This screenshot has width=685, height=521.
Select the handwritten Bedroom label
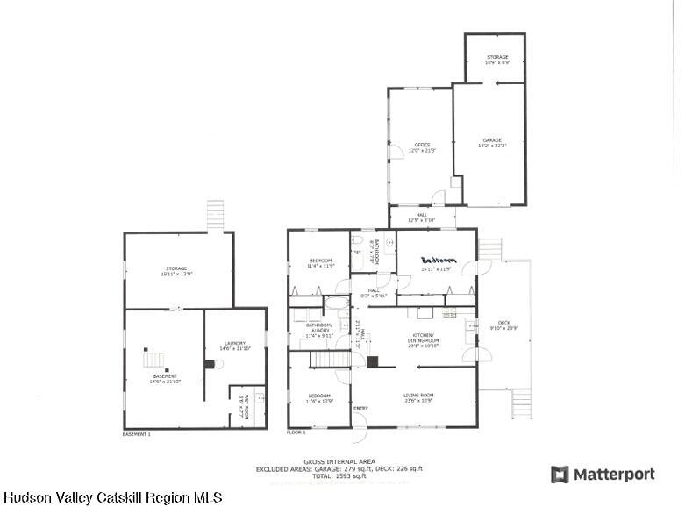pyautogui.click(x=439, y=260)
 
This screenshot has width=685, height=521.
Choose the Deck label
pyautogui.click(x=504, y=325)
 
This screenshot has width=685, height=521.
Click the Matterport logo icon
pyautogui.click(x=560, y=475)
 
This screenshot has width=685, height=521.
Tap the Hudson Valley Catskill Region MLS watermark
pyautogui.click(x=113, y=497)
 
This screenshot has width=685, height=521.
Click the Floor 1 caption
pyautogui.click(x=296, y=432)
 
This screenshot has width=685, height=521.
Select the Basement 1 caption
pyautogui.click(x=137, y=434)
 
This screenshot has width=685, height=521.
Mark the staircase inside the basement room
pyautogui.click(x=153, y=359)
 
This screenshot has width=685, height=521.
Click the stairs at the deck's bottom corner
pyautogui.click(x=522, y=403)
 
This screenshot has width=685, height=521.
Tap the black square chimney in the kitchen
pyautogui.click(x=371, y=360)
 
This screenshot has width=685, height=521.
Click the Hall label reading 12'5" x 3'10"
pyautogui.click(x=422, y=217)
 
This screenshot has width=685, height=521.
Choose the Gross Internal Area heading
pyautogui.click(x=339, y=461)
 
